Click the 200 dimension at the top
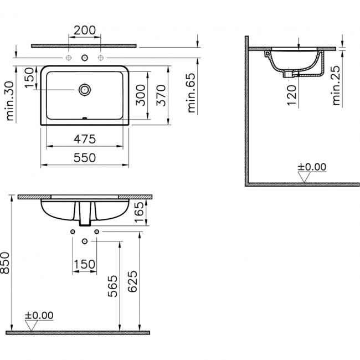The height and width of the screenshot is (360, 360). (85, 30)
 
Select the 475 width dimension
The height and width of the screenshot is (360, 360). (85, 139)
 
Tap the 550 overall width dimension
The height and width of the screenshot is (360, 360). (85, 158)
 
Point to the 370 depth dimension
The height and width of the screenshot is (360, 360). (161, 95)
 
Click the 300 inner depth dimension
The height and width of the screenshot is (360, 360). (141, 95)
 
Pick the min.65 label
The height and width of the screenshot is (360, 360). (192, 93)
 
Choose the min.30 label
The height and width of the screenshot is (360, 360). (10, 101)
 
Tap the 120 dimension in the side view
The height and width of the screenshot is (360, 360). (292, 95)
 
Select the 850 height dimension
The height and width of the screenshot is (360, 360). (5, 263)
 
